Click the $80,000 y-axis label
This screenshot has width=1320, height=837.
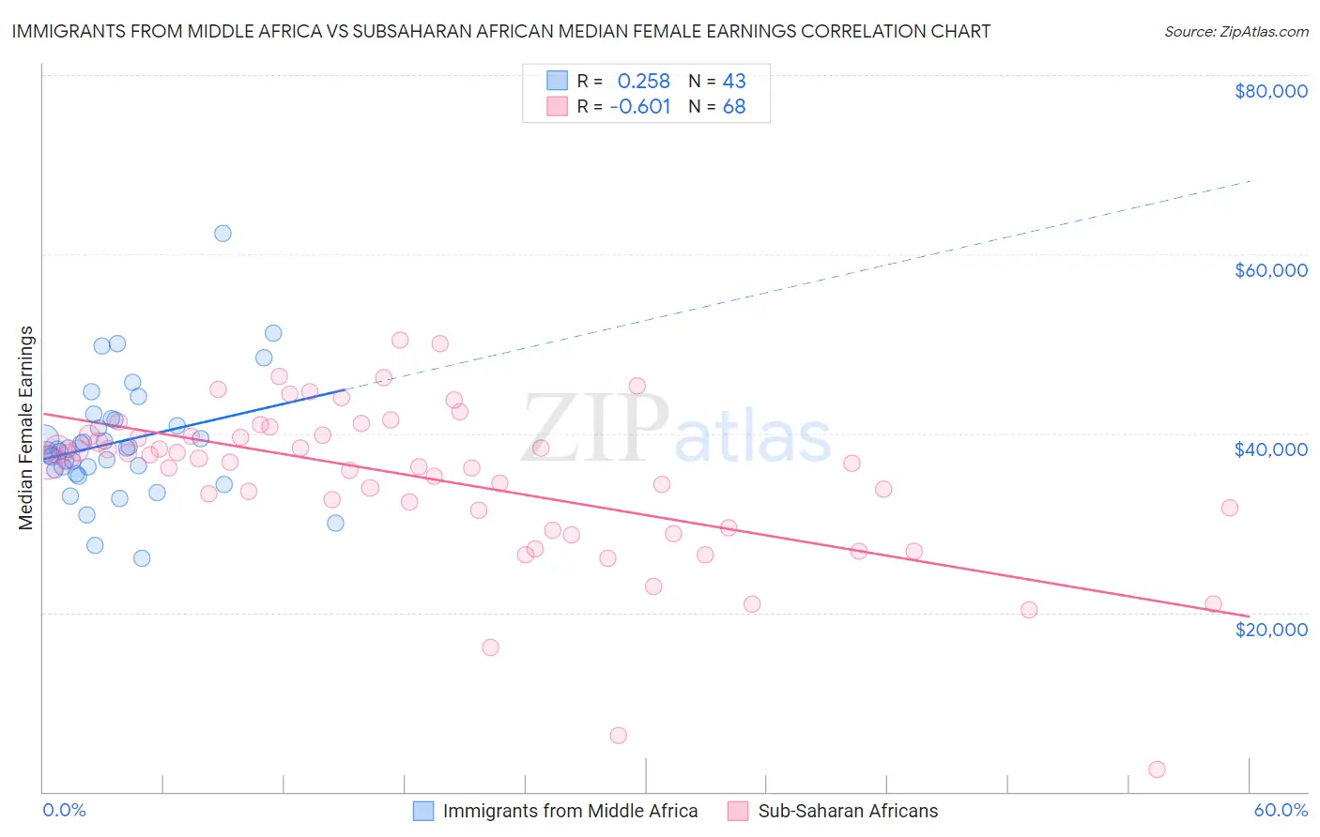click(1270, 91)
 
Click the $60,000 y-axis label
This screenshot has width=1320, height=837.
click(1270, 270)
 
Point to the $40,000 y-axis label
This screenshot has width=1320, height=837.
click(1270, 449)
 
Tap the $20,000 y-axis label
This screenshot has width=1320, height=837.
click(1270, 629)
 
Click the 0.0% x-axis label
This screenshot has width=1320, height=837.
click(64, 810)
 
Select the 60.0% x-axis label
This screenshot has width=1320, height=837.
click(1280, 810)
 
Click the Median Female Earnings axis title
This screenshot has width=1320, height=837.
click(26, 428)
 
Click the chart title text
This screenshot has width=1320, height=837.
click(501, 31)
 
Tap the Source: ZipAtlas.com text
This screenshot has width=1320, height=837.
click(1236, 31)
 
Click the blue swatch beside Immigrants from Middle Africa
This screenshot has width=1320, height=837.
click(423, 811)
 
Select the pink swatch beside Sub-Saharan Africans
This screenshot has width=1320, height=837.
click(738, 811)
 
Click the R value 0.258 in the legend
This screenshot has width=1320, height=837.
click(643, 81)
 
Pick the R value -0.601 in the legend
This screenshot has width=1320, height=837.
click(640, 107)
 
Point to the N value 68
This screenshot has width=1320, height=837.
click(734, 107)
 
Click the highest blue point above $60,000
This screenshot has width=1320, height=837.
click(223, 234)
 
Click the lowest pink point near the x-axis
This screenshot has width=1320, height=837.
click(1157, 769)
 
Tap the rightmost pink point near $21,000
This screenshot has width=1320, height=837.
click(1213, 604)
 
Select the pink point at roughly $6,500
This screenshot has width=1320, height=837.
click(618, 736)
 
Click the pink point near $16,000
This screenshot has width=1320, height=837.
click(490, 647)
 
